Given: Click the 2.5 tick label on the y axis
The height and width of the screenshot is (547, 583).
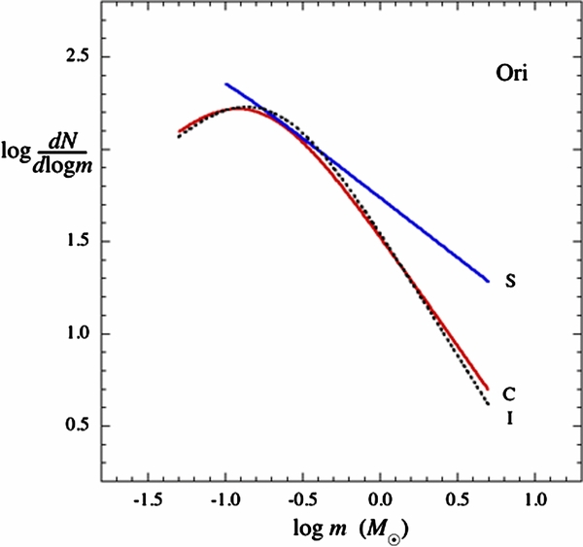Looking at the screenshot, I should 70,57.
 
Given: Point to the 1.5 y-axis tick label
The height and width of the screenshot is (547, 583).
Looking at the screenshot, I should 70,242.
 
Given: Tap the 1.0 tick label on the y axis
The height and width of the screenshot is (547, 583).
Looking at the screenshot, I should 70,334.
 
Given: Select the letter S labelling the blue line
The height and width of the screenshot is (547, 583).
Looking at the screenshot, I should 509,283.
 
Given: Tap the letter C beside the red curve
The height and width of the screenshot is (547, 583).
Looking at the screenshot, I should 508,394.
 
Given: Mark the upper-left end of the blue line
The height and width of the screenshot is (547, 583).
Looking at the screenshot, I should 225,85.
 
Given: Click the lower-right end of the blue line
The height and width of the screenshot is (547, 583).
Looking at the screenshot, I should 488,281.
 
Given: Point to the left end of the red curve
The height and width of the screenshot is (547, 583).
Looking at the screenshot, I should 179,131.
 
